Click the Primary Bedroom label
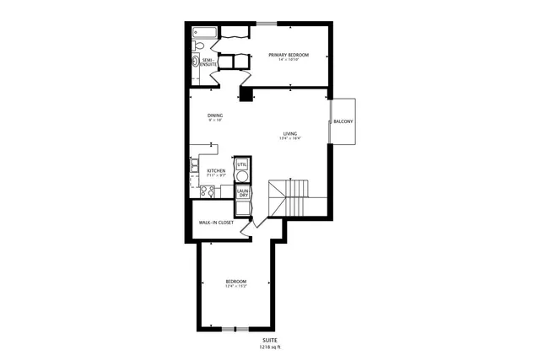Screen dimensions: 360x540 point(289,56)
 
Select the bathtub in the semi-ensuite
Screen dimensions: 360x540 point(203,34)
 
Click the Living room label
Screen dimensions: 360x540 point(290,134)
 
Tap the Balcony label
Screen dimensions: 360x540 point(343,122)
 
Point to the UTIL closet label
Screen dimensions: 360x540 point(242,164)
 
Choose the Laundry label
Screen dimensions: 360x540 point(242,192)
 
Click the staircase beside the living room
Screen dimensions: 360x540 point(289,199)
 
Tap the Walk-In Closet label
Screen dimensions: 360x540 point(216,223)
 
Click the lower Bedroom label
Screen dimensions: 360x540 point(235,282)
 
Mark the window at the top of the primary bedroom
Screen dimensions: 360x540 point(267,22)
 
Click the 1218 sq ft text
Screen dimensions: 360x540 point(270,347)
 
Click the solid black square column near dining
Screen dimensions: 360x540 point(246,95)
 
